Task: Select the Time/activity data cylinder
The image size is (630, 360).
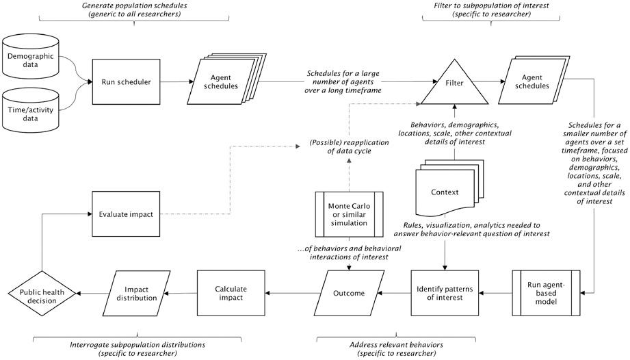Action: pyautogui.click(x=32, y=112)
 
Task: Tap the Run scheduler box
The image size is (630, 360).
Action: pyautogui.click(x=118, y=81)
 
